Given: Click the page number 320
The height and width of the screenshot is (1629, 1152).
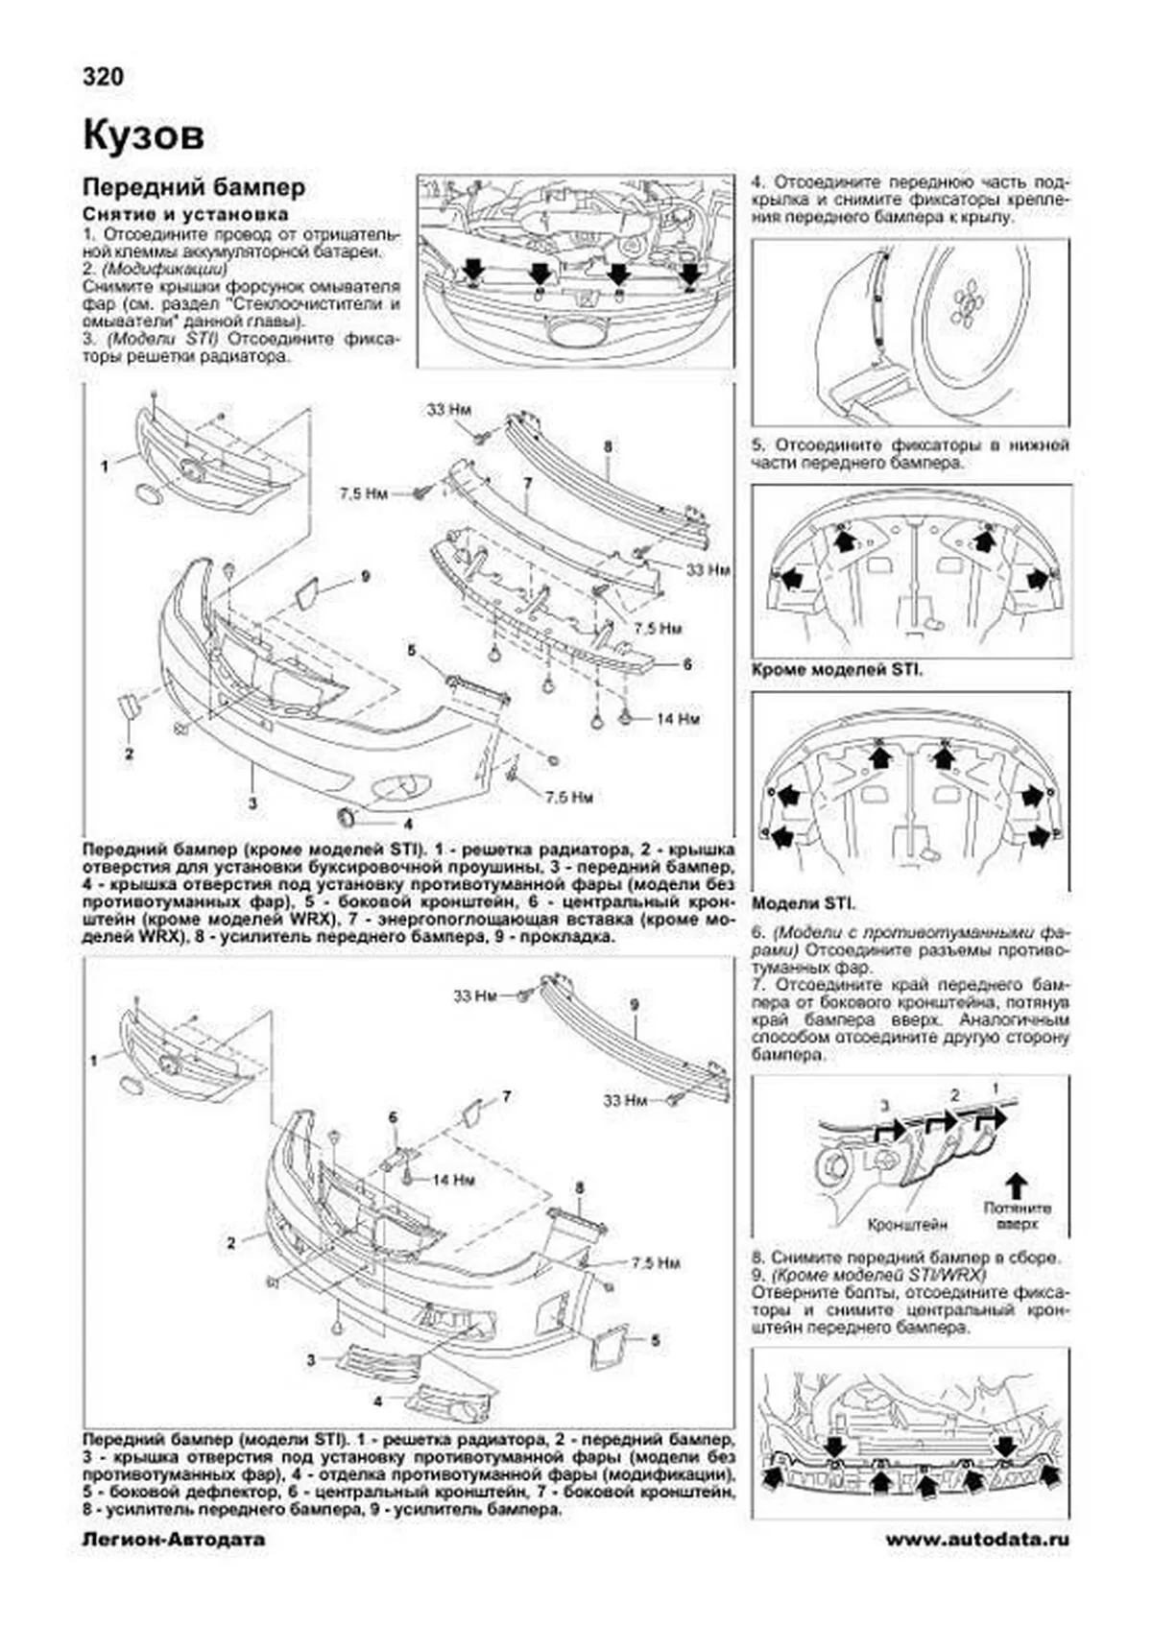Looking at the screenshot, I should pos(104,77).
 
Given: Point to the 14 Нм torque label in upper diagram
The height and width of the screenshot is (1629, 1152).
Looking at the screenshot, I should pos(677,718).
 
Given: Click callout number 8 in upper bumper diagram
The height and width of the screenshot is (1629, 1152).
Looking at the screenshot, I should pos(608,446).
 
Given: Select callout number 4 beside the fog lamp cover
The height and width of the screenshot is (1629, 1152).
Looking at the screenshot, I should pos(408,823).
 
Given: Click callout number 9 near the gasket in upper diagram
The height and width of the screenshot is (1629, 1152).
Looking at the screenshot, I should pos(366,577).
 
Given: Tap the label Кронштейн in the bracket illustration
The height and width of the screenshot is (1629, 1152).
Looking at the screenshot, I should pos(907,1225).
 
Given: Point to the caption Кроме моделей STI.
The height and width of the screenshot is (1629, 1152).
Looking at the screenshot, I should pos(835,670).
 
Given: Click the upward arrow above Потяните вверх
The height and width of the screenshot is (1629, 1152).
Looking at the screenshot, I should pos(1018,1182).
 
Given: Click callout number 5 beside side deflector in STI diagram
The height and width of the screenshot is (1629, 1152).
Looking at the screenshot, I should pos(656,1340).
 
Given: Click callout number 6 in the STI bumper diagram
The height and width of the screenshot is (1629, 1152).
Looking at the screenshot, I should pos(393,1116).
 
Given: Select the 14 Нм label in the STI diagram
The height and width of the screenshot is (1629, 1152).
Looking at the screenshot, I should pos(453,1180).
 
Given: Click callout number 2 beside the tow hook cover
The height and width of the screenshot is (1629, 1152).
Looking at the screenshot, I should pos(129,753).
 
